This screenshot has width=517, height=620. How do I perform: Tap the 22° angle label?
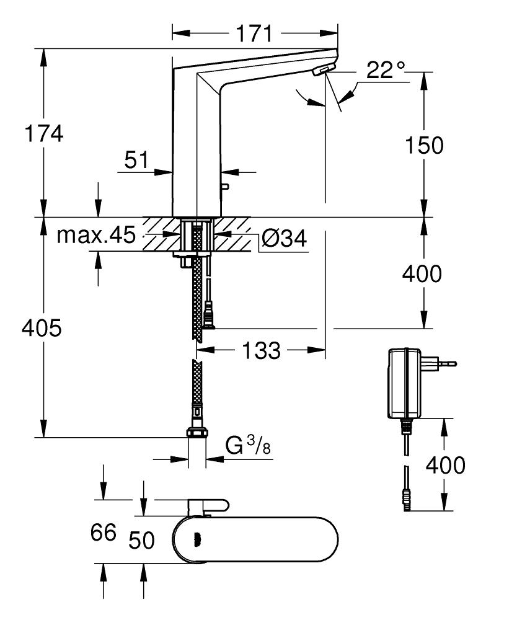[x=385, y=70]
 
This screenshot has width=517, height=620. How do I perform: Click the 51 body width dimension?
[x=136, y=160]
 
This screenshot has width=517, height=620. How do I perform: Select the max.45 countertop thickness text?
[x=96, y=236]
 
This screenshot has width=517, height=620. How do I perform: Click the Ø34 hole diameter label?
[x=283, y=238]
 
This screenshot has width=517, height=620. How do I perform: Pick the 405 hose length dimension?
[x=42, y=328]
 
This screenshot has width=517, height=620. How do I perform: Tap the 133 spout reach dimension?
[x=260, y=351]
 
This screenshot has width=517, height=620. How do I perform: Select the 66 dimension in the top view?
[x=103, y=533]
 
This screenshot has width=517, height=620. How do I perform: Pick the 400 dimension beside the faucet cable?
[x=423, y=273]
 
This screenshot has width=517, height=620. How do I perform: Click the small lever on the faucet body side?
[x=225, y=187]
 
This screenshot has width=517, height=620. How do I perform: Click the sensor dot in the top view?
[x=197, y=539]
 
